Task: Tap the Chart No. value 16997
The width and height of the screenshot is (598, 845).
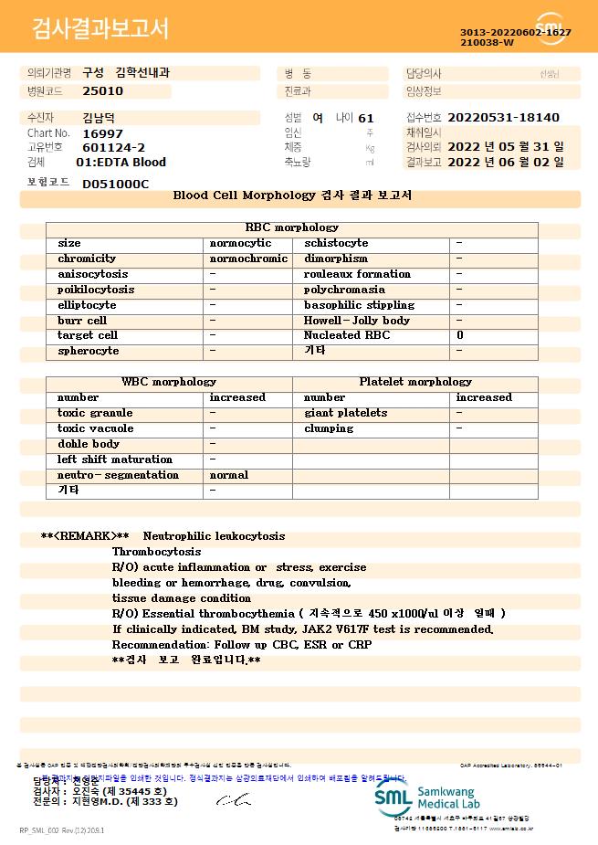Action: [101, 132]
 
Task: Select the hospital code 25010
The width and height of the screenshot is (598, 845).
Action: [102, 91]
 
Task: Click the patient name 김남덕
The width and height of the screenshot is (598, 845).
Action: [99, 118]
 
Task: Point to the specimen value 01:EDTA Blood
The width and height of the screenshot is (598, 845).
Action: [121, 163]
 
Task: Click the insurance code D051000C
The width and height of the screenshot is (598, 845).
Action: [115, 184]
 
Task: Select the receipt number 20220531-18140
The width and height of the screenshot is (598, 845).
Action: [503, 118]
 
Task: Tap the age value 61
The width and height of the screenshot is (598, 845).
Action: [366, 118]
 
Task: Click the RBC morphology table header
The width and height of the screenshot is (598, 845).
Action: [292, 227]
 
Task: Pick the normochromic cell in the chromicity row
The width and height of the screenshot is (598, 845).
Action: [248, 259]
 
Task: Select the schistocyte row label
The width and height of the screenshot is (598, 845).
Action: [336, 243]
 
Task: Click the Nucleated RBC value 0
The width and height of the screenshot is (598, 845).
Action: [460, 335]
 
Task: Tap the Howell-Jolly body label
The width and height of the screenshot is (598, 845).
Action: [357, 321]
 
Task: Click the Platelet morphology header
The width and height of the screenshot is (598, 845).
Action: [415, 382]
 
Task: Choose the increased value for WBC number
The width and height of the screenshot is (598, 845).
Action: [237, 397]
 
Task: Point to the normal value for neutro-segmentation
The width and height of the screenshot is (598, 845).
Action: [229, 475]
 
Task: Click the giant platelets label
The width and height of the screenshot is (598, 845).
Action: [345, 413]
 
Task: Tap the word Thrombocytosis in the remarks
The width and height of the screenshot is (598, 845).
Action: [156, 552]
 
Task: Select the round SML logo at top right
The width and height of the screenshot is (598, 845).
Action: [550, 28]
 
